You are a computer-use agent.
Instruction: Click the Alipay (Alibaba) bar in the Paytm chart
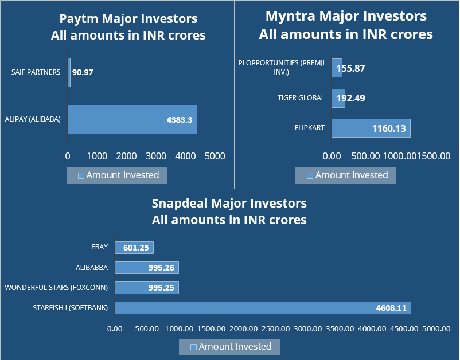[132, 119]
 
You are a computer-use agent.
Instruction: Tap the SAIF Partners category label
[36, 72]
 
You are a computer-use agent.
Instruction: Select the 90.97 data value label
[83, 73]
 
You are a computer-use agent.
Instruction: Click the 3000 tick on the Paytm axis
[156, 156]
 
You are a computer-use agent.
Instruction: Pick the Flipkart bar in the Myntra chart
[371, 128]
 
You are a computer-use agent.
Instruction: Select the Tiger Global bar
[338, 98]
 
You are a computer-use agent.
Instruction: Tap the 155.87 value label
[350, 68]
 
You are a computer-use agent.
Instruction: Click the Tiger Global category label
[301, 98]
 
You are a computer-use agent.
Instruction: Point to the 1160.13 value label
[388, 128]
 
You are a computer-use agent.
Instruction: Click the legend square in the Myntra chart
[310, 175]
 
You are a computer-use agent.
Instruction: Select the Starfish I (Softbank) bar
[263, 308]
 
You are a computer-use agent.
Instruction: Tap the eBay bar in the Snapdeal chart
[134, 248]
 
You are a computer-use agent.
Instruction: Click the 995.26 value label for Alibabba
[161, 268]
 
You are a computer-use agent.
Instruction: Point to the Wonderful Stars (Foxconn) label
[58, 288]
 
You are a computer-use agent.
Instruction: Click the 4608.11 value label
[391, 308]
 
